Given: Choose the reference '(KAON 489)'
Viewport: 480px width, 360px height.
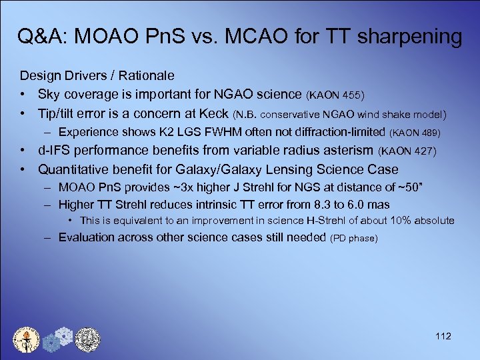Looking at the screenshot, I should (414, 133).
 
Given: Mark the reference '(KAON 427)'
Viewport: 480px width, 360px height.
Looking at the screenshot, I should (408, 153).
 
